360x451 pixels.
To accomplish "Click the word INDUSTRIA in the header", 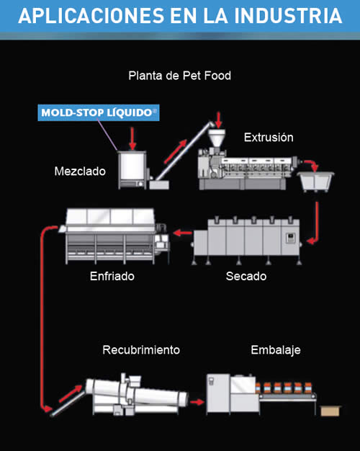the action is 288,16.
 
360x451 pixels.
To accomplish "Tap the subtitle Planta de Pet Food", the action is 179,76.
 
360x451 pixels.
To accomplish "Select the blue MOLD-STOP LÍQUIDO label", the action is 99,112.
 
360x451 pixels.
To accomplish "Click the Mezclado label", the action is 80,171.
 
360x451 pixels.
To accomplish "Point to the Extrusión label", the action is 269,137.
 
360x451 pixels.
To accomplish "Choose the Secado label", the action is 246,276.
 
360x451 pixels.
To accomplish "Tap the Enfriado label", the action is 112,276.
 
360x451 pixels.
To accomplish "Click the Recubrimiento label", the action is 141,349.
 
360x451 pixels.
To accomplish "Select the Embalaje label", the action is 276,350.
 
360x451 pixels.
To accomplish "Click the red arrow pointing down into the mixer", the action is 132,138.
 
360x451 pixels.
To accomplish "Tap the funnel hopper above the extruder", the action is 217,138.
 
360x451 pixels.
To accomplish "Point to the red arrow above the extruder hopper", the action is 219,120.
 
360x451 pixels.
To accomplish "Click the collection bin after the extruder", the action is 315,182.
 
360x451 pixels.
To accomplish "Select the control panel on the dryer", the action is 290,238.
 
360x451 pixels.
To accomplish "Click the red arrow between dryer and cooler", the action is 182,233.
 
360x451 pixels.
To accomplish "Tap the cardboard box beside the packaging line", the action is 330,411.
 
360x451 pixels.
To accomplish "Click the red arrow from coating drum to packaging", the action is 197,402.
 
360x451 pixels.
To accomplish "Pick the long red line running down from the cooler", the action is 42,316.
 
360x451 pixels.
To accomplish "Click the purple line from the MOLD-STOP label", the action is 107,135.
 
